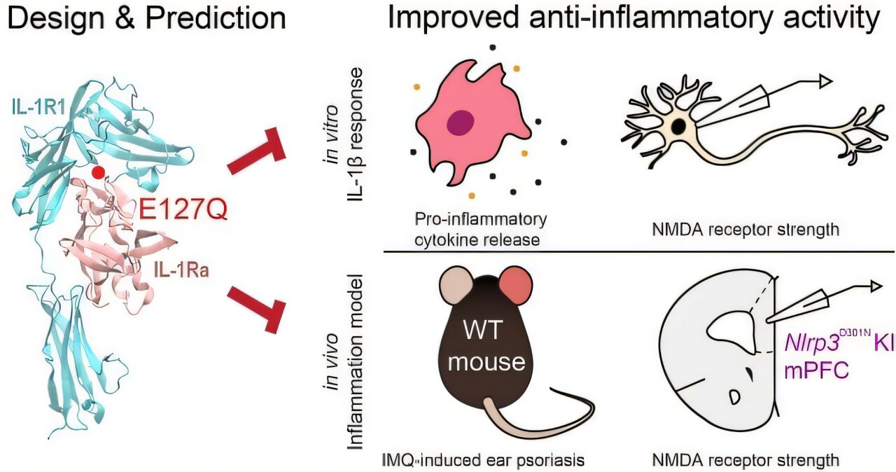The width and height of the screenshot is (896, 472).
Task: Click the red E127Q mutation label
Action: click(182, 208)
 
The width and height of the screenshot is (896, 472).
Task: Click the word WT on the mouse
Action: click(495, 330)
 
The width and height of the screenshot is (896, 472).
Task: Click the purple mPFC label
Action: click(815, 370)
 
